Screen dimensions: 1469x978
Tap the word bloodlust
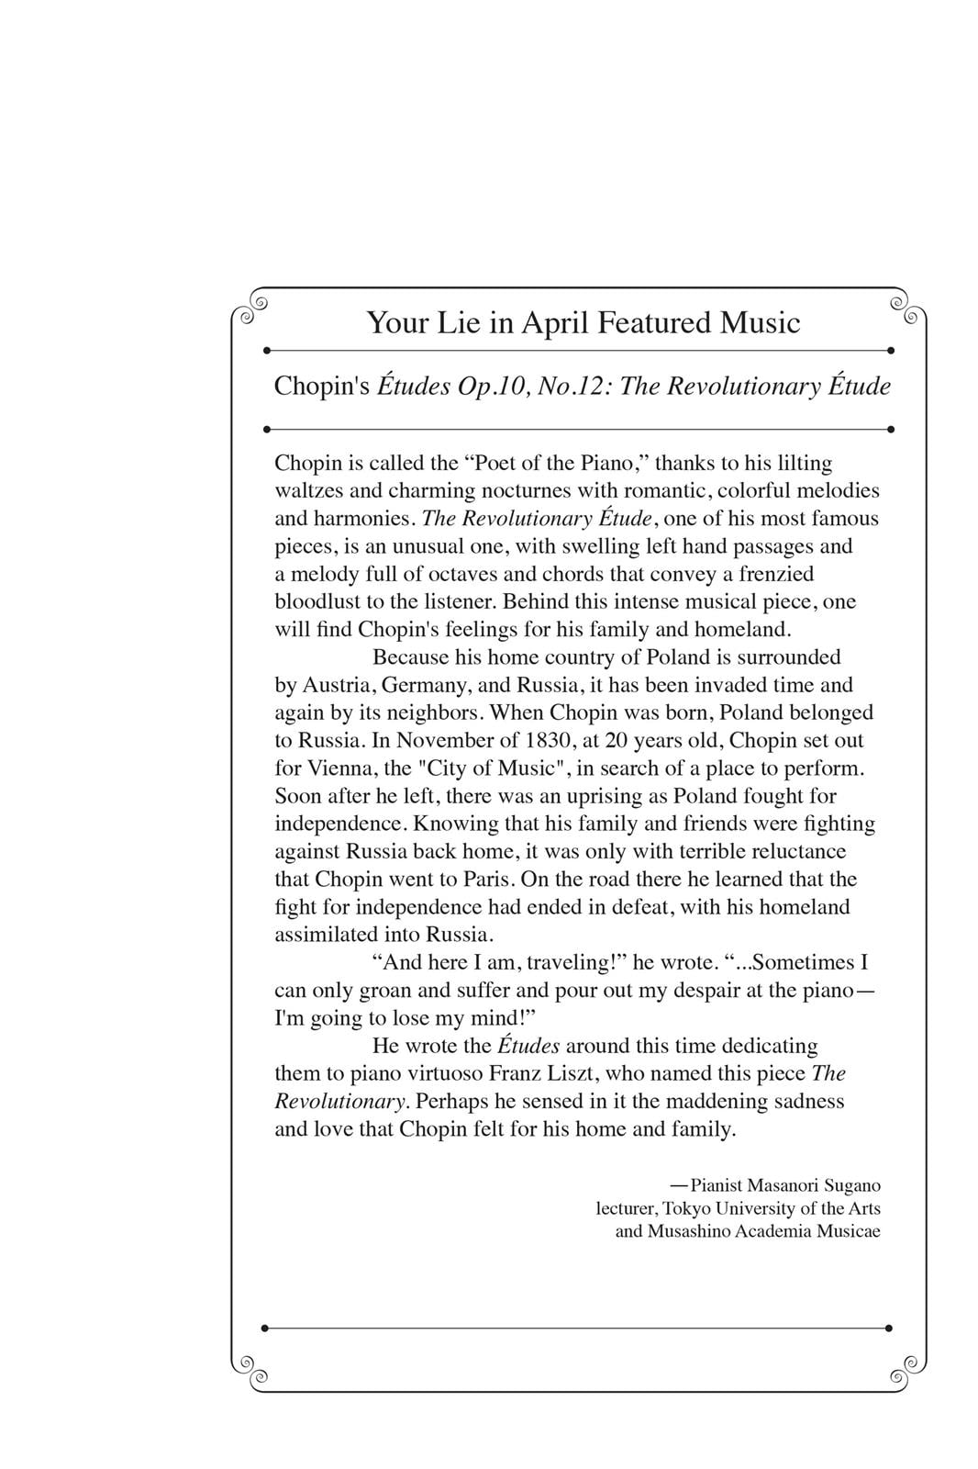(x=317, y=602)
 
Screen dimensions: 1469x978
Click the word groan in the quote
(x=390, y=991)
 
